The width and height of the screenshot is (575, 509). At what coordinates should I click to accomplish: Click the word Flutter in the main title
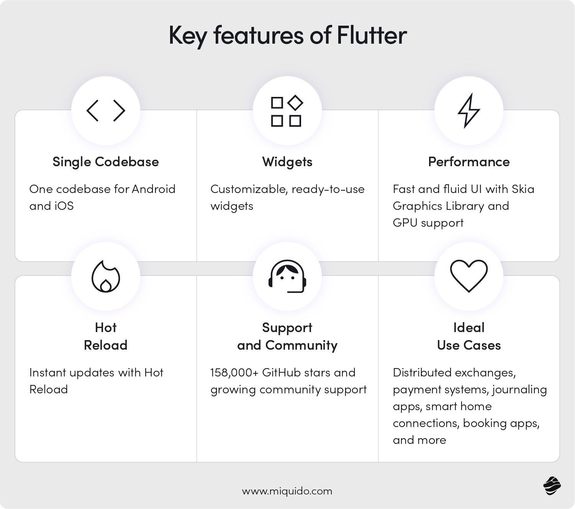coord(372,36)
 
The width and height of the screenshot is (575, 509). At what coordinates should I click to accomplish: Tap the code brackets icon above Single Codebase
coord(106,111)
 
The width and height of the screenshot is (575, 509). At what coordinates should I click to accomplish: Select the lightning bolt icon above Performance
coord(469,111)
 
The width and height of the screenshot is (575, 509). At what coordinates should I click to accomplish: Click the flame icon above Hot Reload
coord(106,277)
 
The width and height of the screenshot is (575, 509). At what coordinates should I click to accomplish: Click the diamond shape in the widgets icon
coord(295,102)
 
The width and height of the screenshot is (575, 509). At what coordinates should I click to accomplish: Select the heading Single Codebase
coord(106,162)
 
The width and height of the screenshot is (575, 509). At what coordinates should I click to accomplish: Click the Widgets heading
coord(287,162)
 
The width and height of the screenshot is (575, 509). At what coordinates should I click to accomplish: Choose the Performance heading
coord(469,162)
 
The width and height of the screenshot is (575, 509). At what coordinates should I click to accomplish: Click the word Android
coord(154,189)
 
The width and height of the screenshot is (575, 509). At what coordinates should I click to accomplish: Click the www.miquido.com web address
coord(287,491)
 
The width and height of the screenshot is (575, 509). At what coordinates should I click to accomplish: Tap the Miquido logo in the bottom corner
coord(552,486)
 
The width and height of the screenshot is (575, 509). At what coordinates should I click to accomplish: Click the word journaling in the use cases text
coord(519,390)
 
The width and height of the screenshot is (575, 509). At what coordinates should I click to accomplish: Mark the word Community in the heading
coord(301,345)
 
